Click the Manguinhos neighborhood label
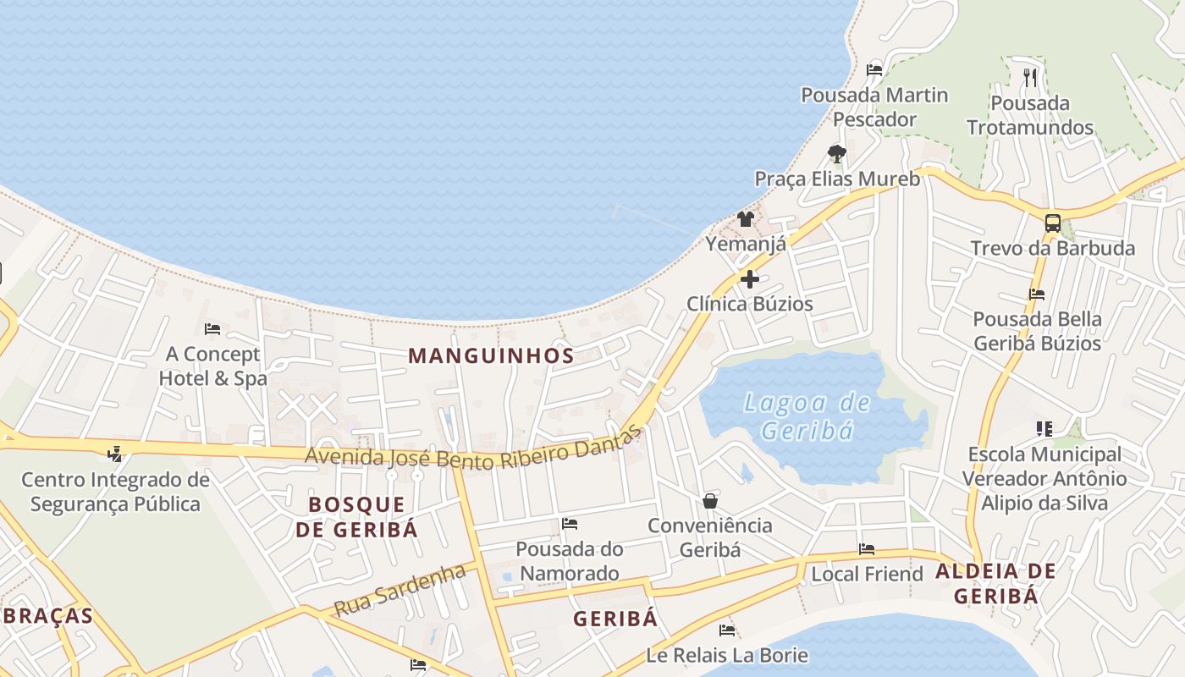click(x=491, y=355)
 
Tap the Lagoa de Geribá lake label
click(x=807, y=416)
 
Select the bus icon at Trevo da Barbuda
click(x=1052, y=223)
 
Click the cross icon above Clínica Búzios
click(x=749, y=278)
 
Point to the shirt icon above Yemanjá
click(x=745, y=219)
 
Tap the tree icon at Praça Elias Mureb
click(x=837, y=153)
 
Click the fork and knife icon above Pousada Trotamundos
click(x=1030, y=78)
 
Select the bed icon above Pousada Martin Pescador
click(x=874, y=69)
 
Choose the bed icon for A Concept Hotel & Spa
click(x=212, y=328)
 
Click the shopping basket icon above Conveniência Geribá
click(x=710, y=501)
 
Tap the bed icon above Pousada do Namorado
click(x=570, y=524)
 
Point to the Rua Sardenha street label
click(x=400, y=590)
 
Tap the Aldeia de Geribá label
click(x=995, y=583)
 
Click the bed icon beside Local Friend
click(x=866, y=549)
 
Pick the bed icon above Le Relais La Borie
click(x=726, y=630)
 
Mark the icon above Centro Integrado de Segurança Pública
click(x=114, y=454)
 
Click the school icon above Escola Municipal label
click(x=1044, y=429)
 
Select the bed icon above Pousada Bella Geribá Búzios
click(x=1037, y=294)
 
